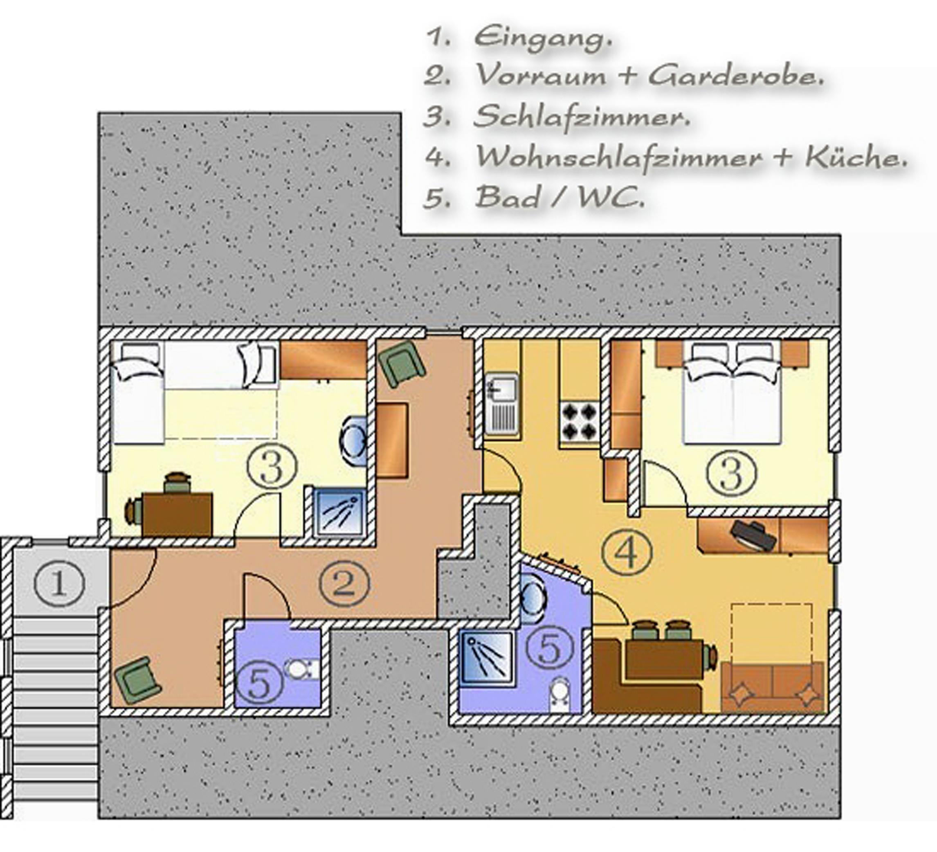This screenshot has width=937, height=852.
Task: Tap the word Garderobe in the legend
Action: pos(735,75)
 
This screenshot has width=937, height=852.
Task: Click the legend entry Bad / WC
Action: pos(560,197)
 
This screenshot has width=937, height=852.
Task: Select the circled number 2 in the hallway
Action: pos(344,583)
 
